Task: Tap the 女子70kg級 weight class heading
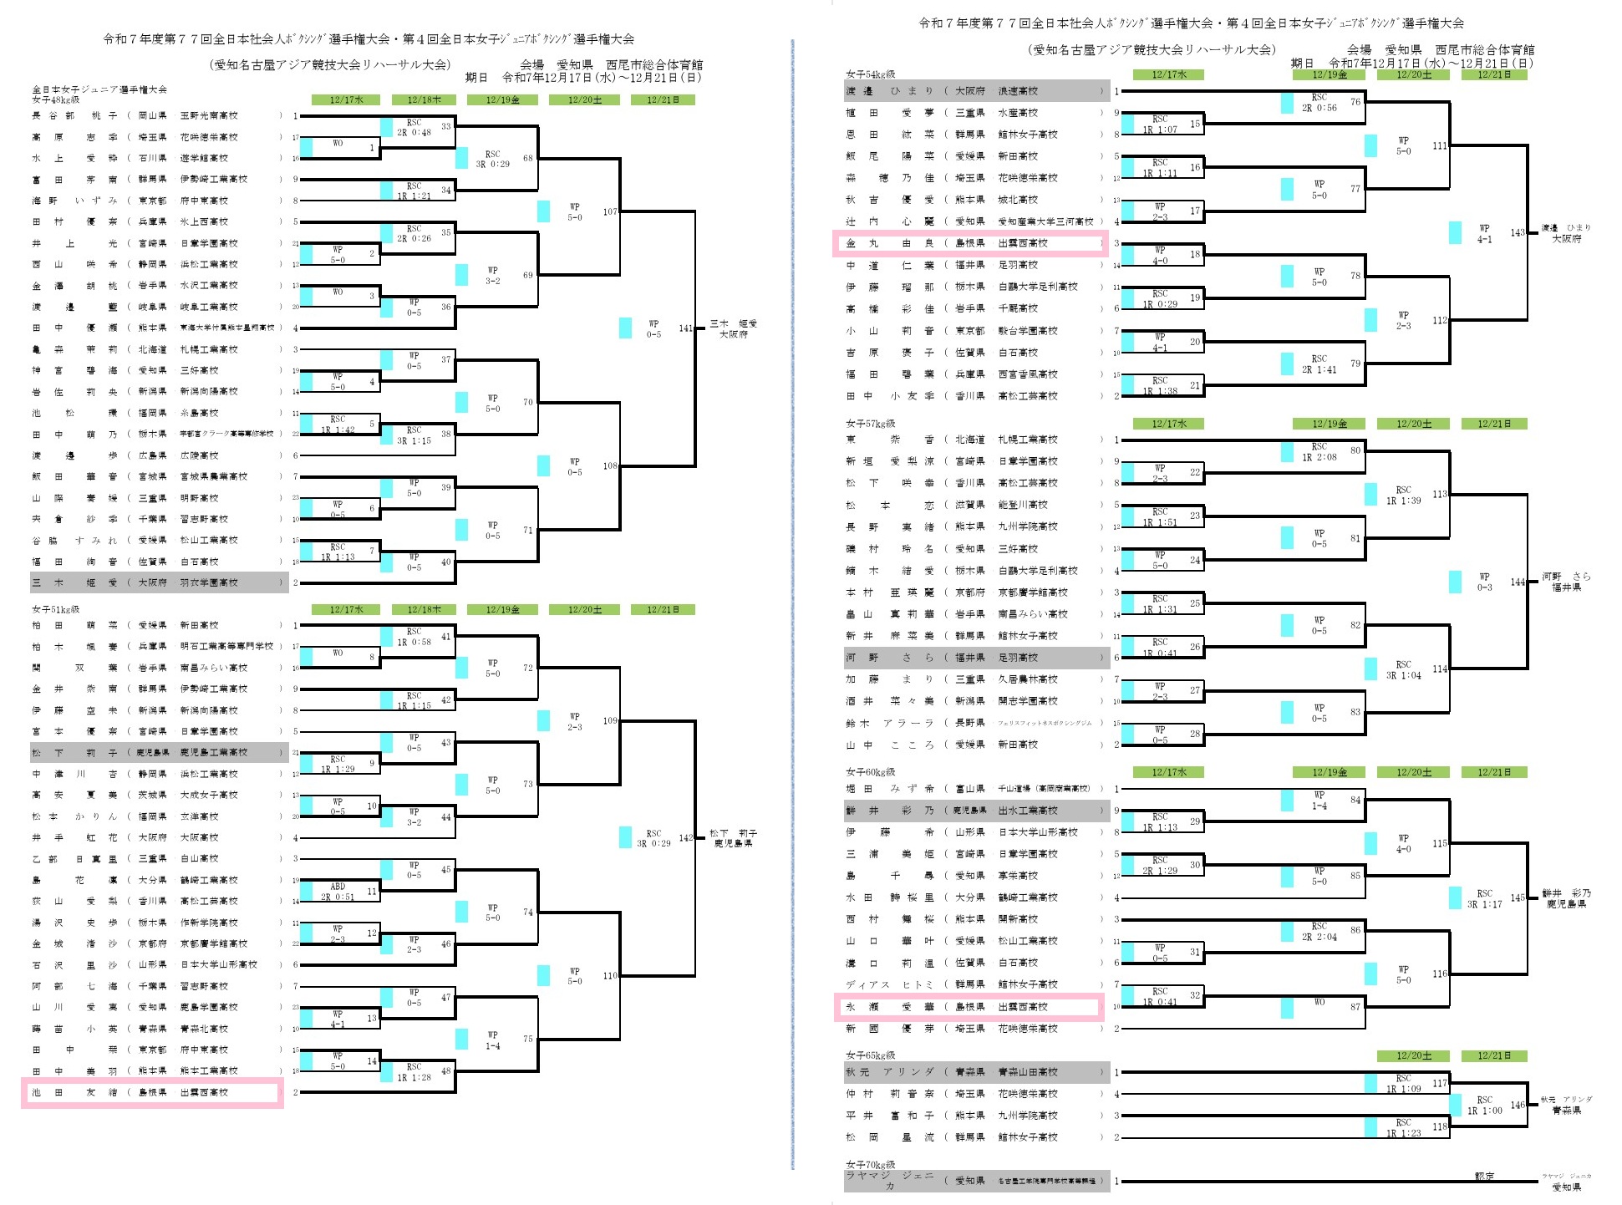click(x=870, y=1164)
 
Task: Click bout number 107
click(x=610, y=211)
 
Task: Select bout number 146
click(x=1518, y=1105)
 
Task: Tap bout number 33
click(x=446, y=126)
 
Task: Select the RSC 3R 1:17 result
click(x=1484, y=898)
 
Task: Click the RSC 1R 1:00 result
click(x=1484, y=1105)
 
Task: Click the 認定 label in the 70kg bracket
click(x=1484, y=1176)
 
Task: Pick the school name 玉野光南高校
click(x=209, y=115)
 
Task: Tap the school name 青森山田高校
click(x=1028, y=1072)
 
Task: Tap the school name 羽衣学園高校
click(x=209, y=582)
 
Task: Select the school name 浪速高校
click(x=1018, y=91)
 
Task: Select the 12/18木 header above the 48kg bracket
click(x=424, y=100)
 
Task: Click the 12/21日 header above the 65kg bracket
click(x=1494, y=1055)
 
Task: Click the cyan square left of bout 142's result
click(x=625, y=837)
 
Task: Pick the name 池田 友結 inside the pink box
click(x=74, y=1092)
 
